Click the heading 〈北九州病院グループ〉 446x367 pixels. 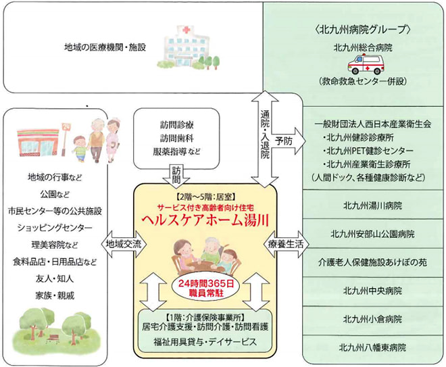(368, 29)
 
